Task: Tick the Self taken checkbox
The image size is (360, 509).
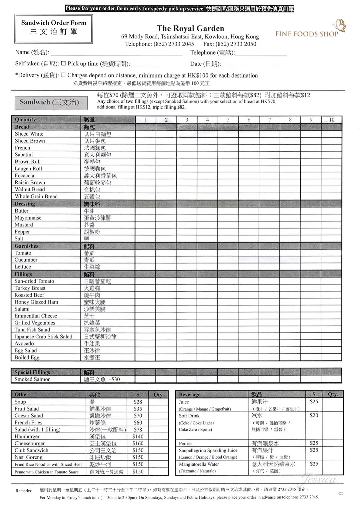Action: click(63, 63)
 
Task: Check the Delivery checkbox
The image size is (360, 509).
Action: click(63, 75)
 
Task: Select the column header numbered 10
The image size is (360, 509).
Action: click(331, 120)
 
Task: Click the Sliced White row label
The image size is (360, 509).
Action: click(29, 134)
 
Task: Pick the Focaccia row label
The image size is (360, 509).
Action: click(24, 175)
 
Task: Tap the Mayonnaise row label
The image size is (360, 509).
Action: click(28, 218)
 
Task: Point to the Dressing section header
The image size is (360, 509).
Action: click(25, 204)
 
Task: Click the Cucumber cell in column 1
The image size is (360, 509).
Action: click(145, 260)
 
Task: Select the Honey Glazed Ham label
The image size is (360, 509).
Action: click(36, 302)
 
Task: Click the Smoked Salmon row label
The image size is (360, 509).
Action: click(32, 379)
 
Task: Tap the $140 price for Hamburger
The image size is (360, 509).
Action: click(138, 436)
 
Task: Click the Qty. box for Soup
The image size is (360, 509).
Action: click(158, 402)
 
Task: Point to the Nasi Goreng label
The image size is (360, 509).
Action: click(28, 457)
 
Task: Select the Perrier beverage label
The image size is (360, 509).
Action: click(185, 443)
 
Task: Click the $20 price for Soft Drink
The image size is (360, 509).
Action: click(314, 415)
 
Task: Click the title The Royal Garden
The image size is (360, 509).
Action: click(190, 28)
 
